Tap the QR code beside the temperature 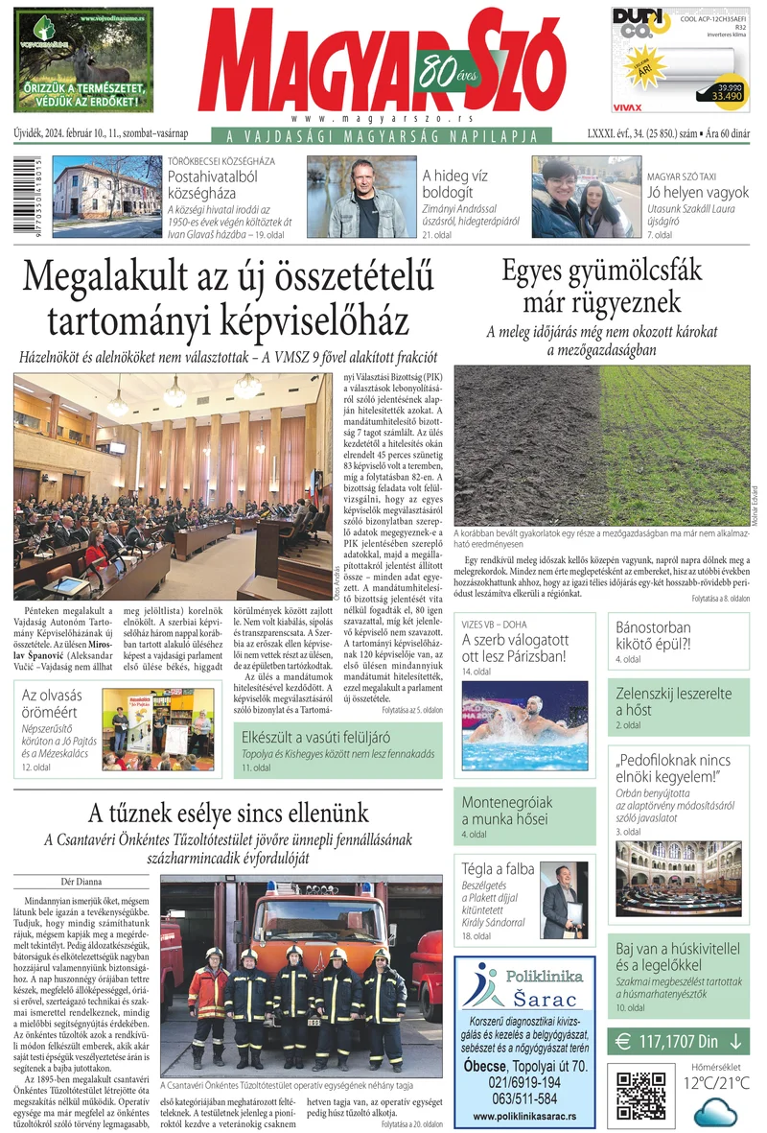[x=641, y=1095]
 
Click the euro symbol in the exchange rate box [x=623, y=1040]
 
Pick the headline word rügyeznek [x=602, y=304]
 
